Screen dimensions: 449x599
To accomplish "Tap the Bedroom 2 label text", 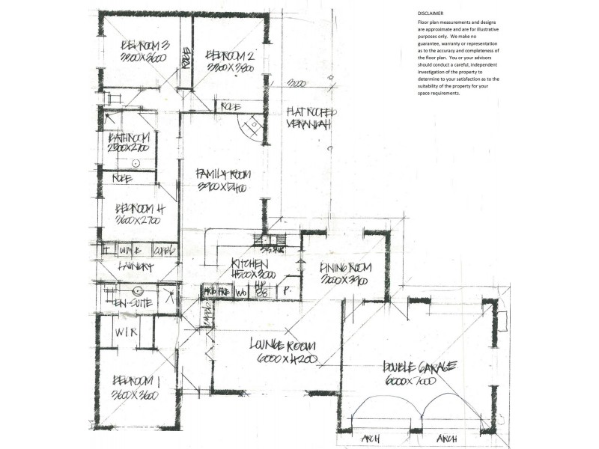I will pyautogui.click(x=231, y=55).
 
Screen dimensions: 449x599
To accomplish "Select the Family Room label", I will pyautogui.click(x=223, y=174).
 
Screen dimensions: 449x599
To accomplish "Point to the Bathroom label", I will pyautogui.click(x=130, y=138).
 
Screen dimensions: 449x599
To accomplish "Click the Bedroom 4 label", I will pyautogui.click(x=139, y=210).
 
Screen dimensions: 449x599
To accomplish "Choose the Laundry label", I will pyautogui.click(x=135, y=267).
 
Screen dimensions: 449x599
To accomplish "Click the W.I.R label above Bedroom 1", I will pyautogui.click(x=125, y=332).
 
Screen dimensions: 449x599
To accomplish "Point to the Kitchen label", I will pyautogui.click(x=249, y=263).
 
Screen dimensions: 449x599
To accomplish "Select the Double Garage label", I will pyautogui.click(x=419, y=367).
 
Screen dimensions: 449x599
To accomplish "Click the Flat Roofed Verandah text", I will pyautogui.click(x=311, y=117).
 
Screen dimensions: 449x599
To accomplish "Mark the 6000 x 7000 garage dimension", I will pyautogui.click(x=410, y=381).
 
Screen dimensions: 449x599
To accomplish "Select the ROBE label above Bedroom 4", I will pyautogui.click(x=122, y=179).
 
